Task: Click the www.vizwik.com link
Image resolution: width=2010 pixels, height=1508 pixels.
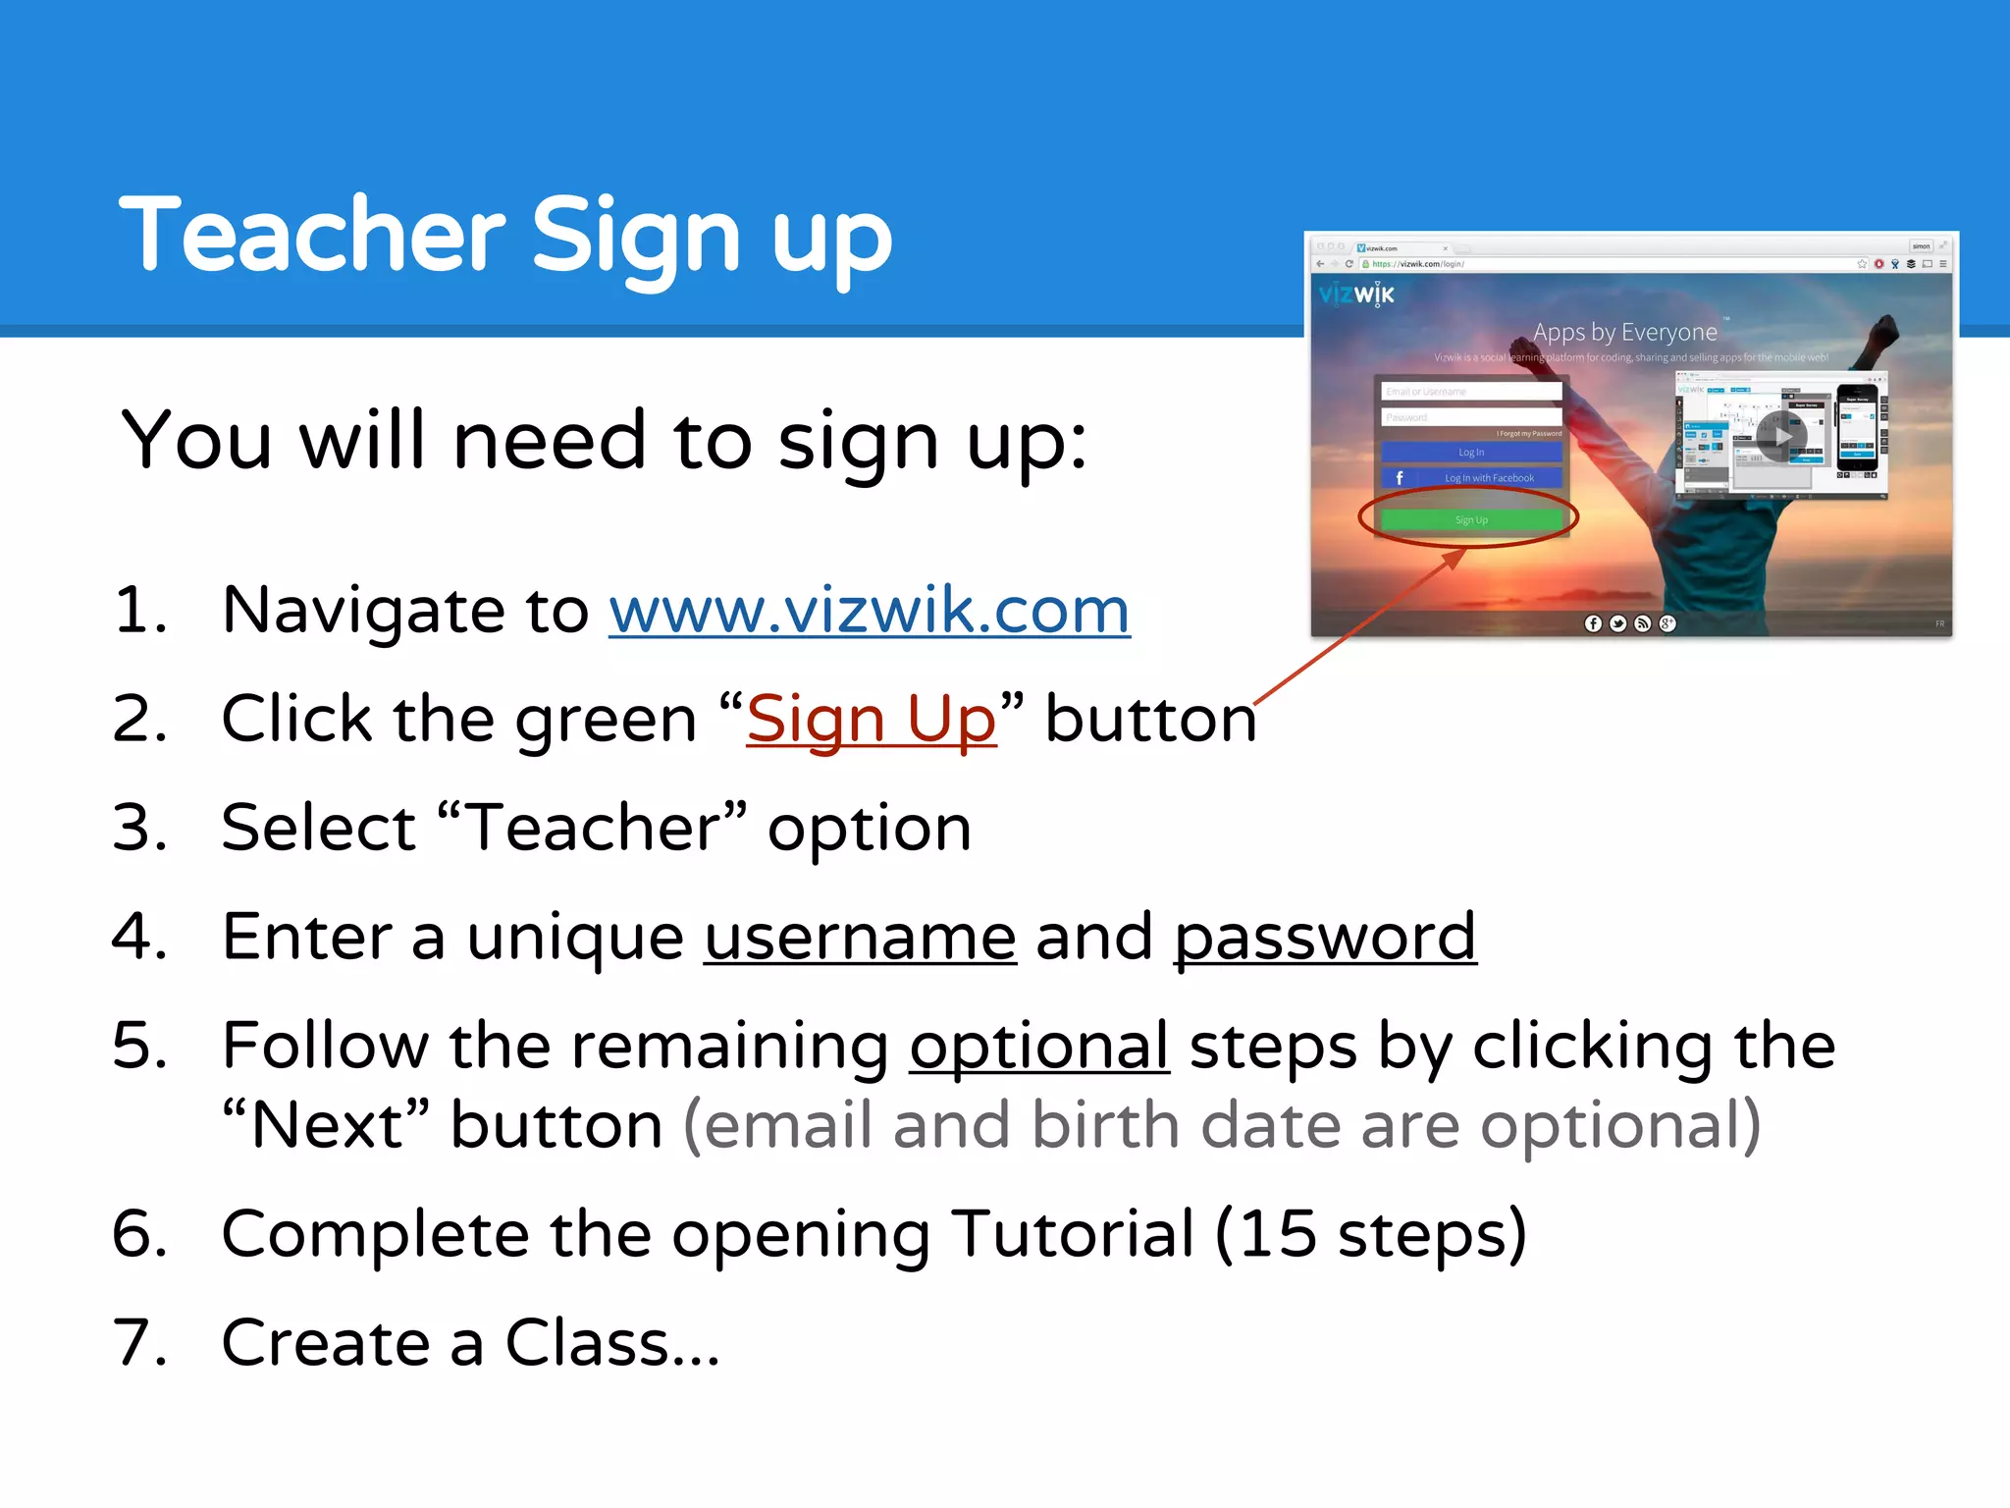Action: (x=869, y=611)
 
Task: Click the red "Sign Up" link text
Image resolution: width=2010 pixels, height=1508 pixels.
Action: (x=871, y=720)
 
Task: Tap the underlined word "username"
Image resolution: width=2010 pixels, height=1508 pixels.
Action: (x=860, y=937)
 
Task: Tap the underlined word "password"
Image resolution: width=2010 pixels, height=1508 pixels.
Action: (x=1325, y=937)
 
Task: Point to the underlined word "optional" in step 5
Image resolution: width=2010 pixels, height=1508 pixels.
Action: (x=1039, y=1046)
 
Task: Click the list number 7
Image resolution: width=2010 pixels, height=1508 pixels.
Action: (x=138, y=1343)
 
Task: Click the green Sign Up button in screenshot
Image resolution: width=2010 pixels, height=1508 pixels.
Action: (x=1470, y=519)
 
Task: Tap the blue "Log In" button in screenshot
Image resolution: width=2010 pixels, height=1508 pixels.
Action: (x=1470, y=453)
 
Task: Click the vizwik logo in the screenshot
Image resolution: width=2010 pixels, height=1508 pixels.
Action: (x=1356, y=294)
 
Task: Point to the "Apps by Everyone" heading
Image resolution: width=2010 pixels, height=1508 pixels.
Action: (x=1624, y=333)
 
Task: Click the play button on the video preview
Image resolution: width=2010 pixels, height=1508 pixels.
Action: (x=1781, y=437)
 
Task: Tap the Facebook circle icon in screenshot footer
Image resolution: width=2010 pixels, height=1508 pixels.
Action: (x=1593, y=623)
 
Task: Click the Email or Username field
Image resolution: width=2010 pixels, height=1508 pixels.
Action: (x=1470, y=392)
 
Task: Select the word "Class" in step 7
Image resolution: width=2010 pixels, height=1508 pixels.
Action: (x=587, y=1343)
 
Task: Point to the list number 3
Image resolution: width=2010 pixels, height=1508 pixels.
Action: (x=138, y=828)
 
